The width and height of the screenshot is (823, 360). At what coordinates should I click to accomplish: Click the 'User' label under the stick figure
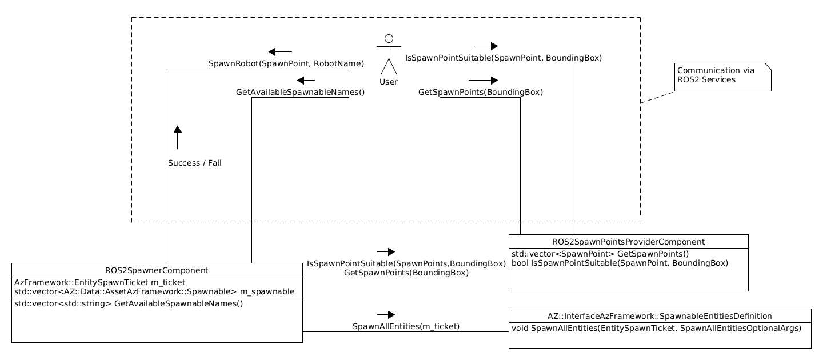[x=389, y=82]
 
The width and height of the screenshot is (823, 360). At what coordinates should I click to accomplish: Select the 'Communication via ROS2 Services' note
[x=723, y=77]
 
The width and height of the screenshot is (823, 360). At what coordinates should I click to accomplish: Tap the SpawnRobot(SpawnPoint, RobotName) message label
[x=286, y=63]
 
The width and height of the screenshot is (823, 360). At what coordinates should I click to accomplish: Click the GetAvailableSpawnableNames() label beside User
[x=300, y=91]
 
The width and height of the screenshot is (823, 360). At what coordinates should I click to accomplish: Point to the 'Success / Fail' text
[x=194, y=163]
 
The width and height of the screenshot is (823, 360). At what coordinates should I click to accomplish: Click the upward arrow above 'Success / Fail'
[x=178, y=137]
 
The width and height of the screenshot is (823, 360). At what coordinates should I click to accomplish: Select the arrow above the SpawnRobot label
[x=280, y=51]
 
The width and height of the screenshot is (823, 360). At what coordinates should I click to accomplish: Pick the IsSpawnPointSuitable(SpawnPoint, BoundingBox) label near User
[x=503, y=58]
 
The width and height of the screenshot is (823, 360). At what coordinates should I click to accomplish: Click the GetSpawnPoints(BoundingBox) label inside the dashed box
[x=480, y=91]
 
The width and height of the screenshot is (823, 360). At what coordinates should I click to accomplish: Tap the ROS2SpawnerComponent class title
[x=157, y=270]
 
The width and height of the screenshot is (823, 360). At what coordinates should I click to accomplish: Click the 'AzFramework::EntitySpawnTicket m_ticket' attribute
[x=99, y=282]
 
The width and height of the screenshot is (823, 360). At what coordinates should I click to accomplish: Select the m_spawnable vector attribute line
[x=154, y=291]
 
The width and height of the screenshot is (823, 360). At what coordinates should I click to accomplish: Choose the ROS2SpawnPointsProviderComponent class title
[x=628, y=242]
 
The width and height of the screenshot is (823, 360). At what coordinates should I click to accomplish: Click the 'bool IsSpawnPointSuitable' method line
[x=619, y=263]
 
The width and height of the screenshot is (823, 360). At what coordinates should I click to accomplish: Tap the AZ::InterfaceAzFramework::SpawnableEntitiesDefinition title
[x=660, y=315]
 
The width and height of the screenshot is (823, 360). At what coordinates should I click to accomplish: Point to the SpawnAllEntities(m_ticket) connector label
[x=406, y=326]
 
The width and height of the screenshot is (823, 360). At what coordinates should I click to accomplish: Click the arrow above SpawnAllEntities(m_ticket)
[x=386, y=314]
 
